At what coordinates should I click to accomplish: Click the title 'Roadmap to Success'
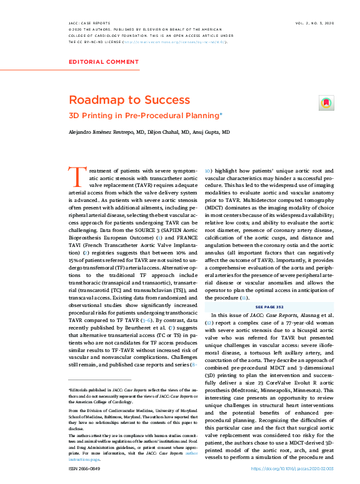120,100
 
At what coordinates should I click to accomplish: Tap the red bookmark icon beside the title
326,103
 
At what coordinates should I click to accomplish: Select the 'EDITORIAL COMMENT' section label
104,62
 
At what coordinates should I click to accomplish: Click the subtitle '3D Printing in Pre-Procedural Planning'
144,115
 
